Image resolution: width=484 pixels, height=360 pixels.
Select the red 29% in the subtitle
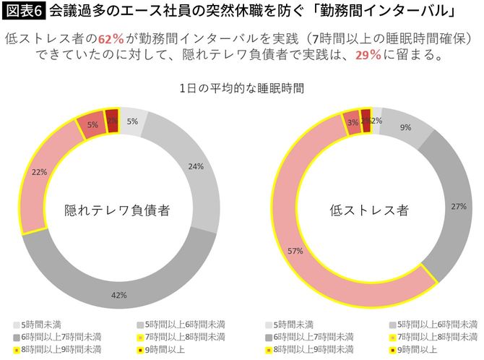pyautogui.click(x=368, y=55)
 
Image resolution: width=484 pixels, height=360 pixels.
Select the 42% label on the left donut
pyautogui.click(x=119, y=294)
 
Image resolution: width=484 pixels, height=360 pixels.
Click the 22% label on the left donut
pyautogui.click(x=40, y=172)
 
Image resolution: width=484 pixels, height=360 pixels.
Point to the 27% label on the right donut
pyautogui.click(x=457, y=207)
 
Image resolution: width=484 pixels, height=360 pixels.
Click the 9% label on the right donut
pyautogui.click(x=406, y=127)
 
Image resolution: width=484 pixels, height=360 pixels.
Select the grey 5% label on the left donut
pyautogui.click(x=132, y=121)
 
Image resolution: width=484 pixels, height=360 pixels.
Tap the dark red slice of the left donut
pyautogui.click(x=112, y=121)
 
